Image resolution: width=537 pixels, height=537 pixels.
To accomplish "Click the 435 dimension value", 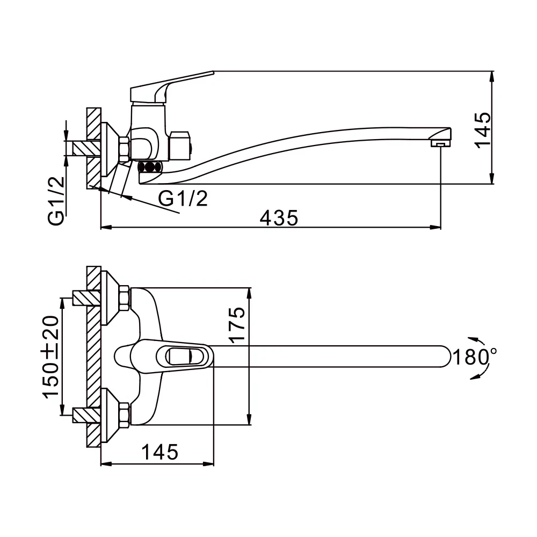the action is click(x=279, y=218).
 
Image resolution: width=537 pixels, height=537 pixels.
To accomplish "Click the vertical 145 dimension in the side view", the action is click(x=483, y=130).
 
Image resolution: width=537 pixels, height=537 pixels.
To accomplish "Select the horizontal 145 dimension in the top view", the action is click(x=159, y=452).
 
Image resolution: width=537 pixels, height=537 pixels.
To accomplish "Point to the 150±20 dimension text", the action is click(x=50, y=357).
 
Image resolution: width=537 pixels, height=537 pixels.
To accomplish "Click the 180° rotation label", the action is click(x=475, y=357).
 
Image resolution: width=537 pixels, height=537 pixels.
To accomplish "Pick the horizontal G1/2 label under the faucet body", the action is click(x=183, y=198).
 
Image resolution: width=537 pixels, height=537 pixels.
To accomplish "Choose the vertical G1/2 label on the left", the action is click(x=56, y=201).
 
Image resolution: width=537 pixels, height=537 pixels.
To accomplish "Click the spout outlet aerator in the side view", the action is click(x=440, y=143).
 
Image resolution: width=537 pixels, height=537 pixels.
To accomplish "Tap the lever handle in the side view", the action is click(x=172, y=87).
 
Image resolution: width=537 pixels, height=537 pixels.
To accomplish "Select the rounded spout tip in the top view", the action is click(x=444, y=357).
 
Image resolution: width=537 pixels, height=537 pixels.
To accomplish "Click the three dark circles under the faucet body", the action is click(x=149, y=168).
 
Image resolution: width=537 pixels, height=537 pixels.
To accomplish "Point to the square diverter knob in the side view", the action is click(x=180, y=146).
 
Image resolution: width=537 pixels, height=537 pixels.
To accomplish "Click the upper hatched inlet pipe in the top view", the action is click(x=86, y=298).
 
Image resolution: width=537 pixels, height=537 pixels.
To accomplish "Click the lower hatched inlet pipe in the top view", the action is click(x=86, y=415).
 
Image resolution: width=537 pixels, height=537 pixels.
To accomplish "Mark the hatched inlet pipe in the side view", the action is click(x=86, y=149).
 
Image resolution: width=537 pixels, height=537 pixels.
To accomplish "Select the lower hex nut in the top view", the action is click(x=124, y=415).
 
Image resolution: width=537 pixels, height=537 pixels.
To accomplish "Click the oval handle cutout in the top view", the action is click(x=179, y=357).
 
